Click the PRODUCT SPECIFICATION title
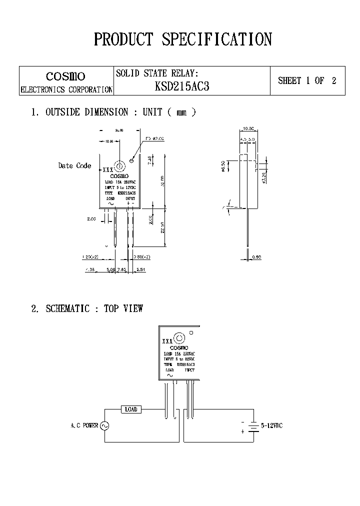[183, 39]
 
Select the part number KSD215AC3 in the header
[182, 86]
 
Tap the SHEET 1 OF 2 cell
[307, 80]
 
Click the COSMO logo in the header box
[65, 76]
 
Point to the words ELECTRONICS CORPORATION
[66, 90]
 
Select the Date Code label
[74, 165]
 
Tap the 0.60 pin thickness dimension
[256, 257]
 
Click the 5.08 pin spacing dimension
[111, 269]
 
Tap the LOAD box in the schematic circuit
[131, 409]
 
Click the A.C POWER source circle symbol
[104, 425]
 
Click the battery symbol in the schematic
[254, 426]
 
